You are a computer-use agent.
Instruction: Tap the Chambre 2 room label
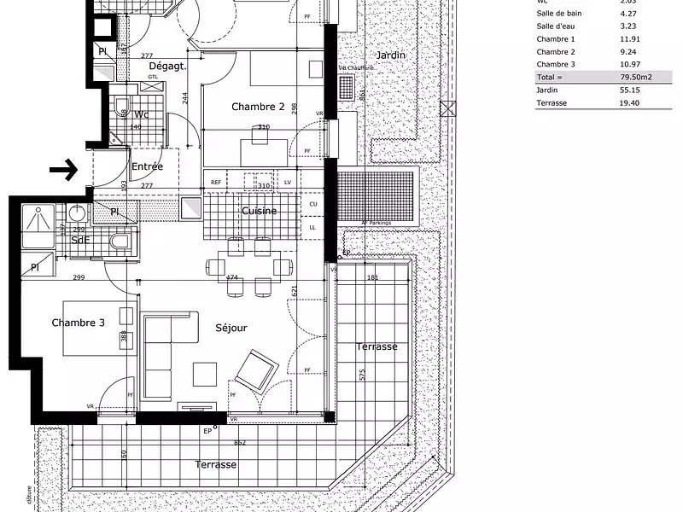pos(258,107)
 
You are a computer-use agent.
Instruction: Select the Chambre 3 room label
pos(78,323)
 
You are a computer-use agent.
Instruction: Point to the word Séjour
pos(231,328)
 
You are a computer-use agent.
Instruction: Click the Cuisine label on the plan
pos(258,211)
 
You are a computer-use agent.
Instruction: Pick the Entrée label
pos(147,166)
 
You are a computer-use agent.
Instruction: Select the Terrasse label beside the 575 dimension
pos(378,347)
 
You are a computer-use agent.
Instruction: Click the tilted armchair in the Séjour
pos(256,369)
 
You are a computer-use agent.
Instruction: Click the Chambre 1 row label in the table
pos(555,39)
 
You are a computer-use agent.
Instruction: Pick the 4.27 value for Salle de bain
pos(627,13)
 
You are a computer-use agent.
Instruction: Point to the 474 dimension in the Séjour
pos(231,278)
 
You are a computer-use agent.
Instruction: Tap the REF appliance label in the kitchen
pos(216,183)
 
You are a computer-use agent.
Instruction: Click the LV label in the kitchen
pos(288,183)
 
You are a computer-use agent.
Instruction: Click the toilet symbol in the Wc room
pos(121,108)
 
